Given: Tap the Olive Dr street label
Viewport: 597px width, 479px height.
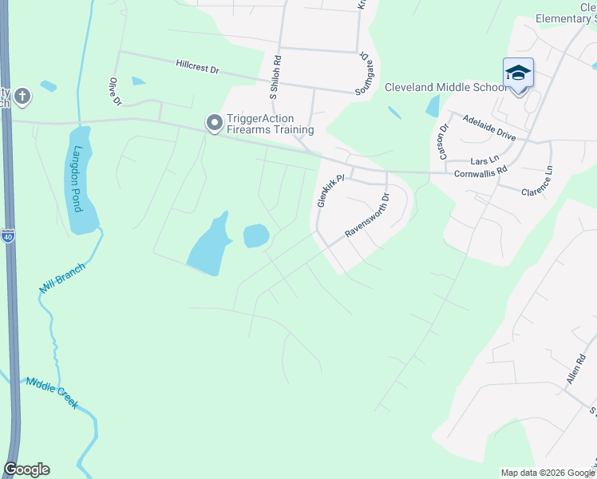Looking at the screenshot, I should coord(115,91).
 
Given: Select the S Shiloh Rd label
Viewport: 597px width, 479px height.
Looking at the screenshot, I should coord(275,77).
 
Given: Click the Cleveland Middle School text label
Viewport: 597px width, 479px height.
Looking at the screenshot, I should coord(445,87).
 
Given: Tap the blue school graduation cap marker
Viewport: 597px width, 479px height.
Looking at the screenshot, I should coord(518,74).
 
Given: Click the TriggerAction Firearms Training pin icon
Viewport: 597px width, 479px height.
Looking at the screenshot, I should coord(213,123).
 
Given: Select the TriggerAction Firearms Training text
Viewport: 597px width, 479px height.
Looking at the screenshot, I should coord(270,124).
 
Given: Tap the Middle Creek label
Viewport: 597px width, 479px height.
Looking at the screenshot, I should coord(51,393).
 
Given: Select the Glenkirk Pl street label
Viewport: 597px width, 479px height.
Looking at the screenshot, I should coord(330,191).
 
